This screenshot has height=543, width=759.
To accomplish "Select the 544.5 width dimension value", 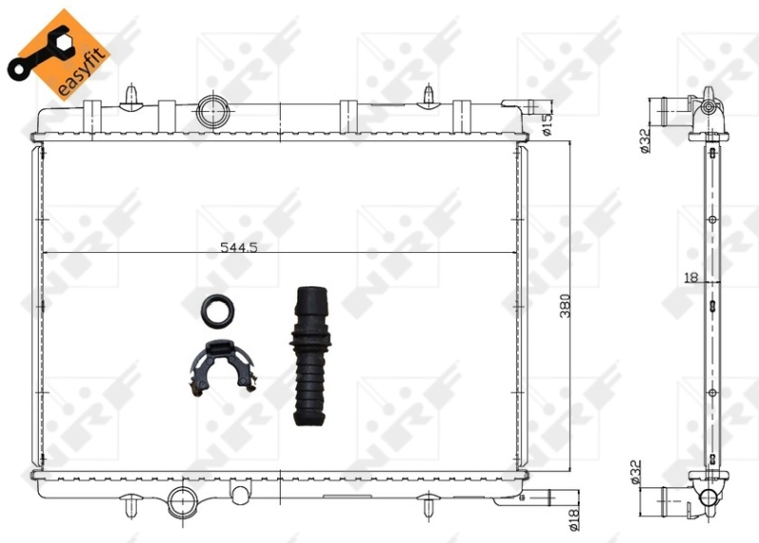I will click(x=239, y=247).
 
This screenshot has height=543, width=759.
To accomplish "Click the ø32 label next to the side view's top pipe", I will click(x=643, y=139).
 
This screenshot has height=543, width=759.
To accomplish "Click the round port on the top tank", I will click(x=211, y=113).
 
